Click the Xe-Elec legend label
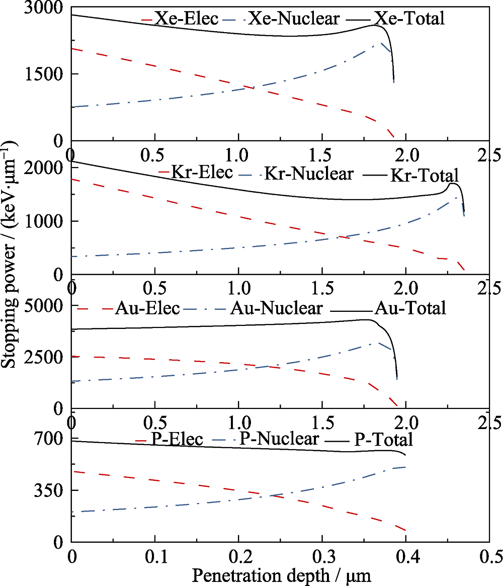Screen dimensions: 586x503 [187, 19]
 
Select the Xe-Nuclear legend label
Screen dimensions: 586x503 [294, 19]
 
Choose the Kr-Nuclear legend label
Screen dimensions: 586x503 [309, 174]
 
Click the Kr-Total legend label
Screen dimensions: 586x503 [424, 176]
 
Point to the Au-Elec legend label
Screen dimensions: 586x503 [147, 308]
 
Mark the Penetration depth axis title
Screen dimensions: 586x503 [282, 575]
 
